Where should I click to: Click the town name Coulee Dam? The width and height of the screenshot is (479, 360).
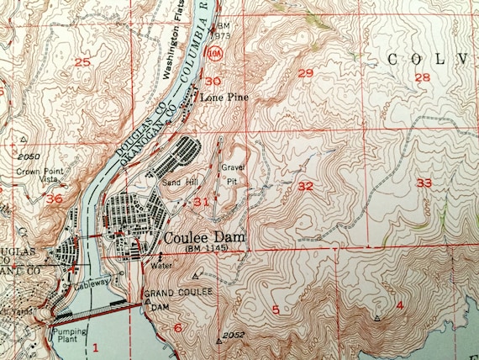click(205, 239)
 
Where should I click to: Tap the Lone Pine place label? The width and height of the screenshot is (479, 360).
click(216, 98)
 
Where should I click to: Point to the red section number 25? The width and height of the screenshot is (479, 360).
click(82, 61)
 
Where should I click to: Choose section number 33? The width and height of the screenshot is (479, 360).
click(424, 183)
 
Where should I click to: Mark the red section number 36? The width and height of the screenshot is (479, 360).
click(55, 199)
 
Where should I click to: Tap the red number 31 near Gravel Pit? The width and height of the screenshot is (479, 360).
click(201, 201)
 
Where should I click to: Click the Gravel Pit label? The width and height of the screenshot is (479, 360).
click(232, 172)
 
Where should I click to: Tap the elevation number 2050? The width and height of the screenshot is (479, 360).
click(28, 156)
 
